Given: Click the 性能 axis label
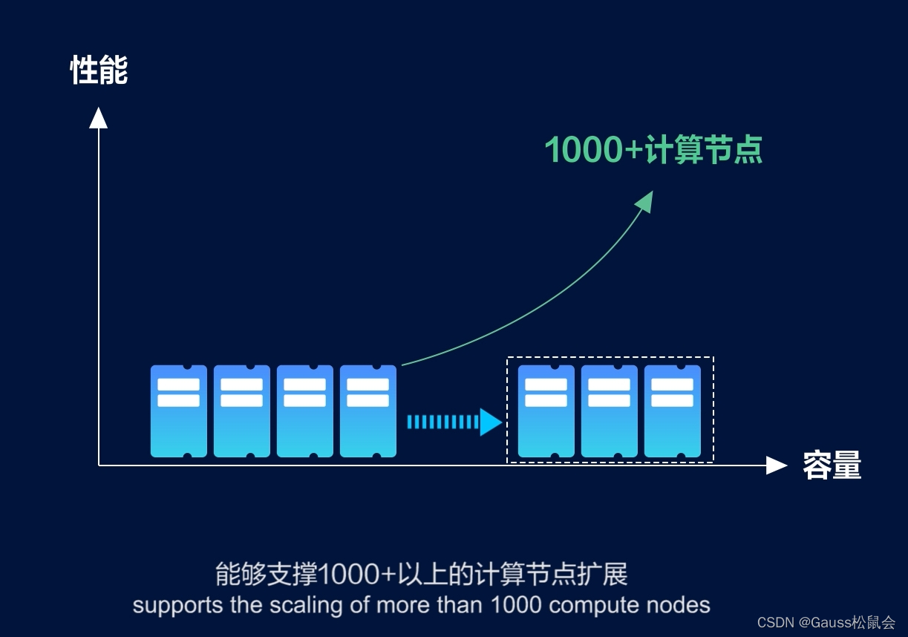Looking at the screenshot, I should [99, 71].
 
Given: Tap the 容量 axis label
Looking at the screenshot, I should [832, 465].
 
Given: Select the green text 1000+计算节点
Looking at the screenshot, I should [653, 150].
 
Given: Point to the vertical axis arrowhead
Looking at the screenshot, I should [98, 117].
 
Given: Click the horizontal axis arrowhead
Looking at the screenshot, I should [776, 465].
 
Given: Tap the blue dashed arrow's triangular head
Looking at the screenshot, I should [491, 422].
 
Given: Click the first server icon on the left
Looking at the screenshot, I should [179, 411].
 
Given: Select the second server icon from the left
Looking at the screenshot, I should [242, 411].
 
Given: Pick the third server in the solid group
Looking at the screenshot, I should [305, 411].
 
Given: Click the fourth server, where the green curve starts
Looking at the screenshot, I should [368, 411].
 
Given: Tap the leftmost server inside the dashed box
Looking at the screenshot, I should [546, 411].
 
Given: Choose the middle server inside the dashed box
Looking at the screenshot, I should [610, 411].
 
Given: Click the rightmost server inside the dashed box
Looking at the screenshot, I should [673, 411].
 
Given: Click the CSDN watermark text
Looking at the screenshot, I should [826, 622].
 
